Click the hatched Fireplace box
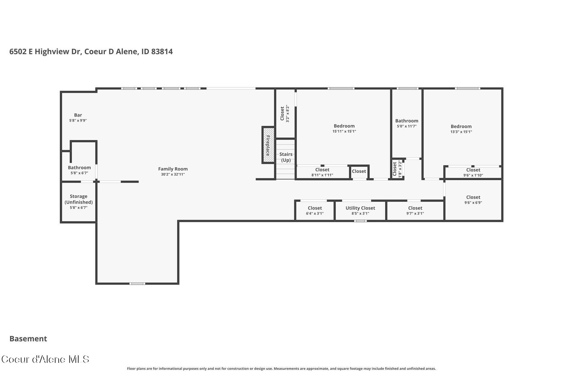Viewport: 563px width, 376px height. pos(268,145)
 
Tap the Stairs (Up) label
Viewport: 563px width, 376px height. pos(286,157)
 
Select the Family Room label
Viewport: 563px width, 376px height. pos(173,169)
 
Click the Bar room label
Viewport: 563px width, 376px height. pos(78,115)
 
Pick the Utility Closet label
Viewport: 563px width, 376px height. pos(360,208)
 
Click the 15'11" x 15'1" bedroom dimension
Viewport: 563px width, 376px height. pos(344,132)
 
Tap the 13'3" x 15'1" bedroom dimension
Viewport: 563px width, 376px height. pos(461,132)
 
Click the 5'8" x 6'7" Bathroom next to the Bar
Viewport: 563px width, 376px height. pos(79,170)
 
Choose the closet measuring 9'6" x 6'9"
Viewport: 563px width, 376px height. pos(473,200)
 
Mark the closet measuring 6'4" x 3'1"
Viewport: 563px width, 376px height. pos(315,210)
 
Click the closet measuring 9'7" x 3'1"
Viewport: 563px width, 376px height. pos(415,210)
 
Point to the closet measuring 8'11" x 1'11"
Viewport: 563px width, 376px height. pos(322,172)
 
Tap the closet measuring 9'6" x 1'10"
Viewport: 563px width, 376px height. pos(473,172)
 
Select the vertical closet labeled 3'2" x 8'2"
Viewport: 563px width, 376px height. pos(285,113)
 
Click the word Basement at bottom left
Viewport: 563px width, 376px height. pos(28,339)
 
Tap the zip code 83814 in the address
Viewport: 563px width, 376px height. pos(162,52)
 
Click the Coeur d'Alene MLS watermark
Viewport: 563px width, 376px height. pos(45,359)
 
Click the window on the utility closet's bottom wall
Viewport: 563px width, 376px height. pos(360,221)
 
